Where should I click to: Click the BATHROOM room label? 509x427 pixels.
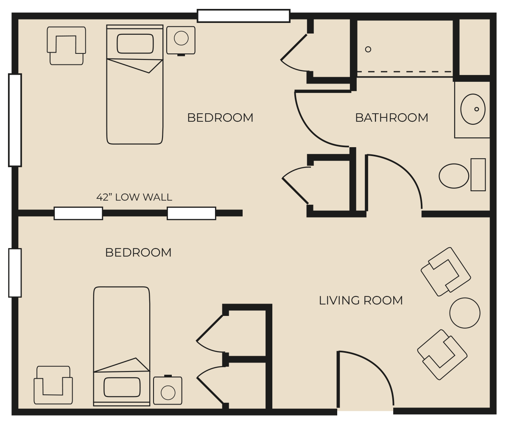[392, 118]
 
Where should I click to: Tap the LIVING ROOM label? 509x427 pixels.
[361, 300]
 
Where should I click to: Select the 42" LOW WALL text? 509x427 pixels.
[134, 197]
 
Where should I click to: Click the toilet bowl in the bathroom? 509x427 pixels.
[454, 176]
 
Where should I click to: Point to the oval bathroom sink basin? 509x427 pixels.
[473, 109]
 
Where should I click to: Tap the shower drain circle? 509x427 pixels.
[368, 49]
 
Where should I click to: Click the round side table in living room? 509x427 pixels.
[465, 313]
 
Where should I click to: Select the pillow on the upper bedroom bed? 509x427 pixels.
[135, 44]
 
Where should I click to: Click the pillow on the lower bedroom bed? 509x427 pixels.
[122, 387]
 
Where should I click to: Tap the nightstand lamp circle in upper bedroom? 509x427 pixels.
[181, 38]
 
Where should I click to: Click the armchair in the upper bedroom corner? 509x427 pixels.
[66, 46]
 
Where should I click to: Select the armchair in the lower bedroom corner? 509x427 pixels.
[53, 385]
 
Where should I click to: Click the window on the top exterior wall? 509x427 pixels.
[243, 16]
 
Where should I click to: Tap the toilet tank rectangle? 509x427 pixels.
[478, 175]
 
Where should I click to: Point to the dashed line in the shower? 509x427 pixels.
[405, 72]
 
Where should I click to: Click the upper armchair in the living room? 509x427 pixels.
[446, 272]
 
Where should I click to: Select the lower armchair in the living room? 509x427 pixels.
[442, 354]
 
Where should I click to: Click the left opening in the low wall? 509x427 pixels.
[78, 213]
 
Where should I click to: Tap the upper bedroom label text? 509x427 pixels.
[221, 118]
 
